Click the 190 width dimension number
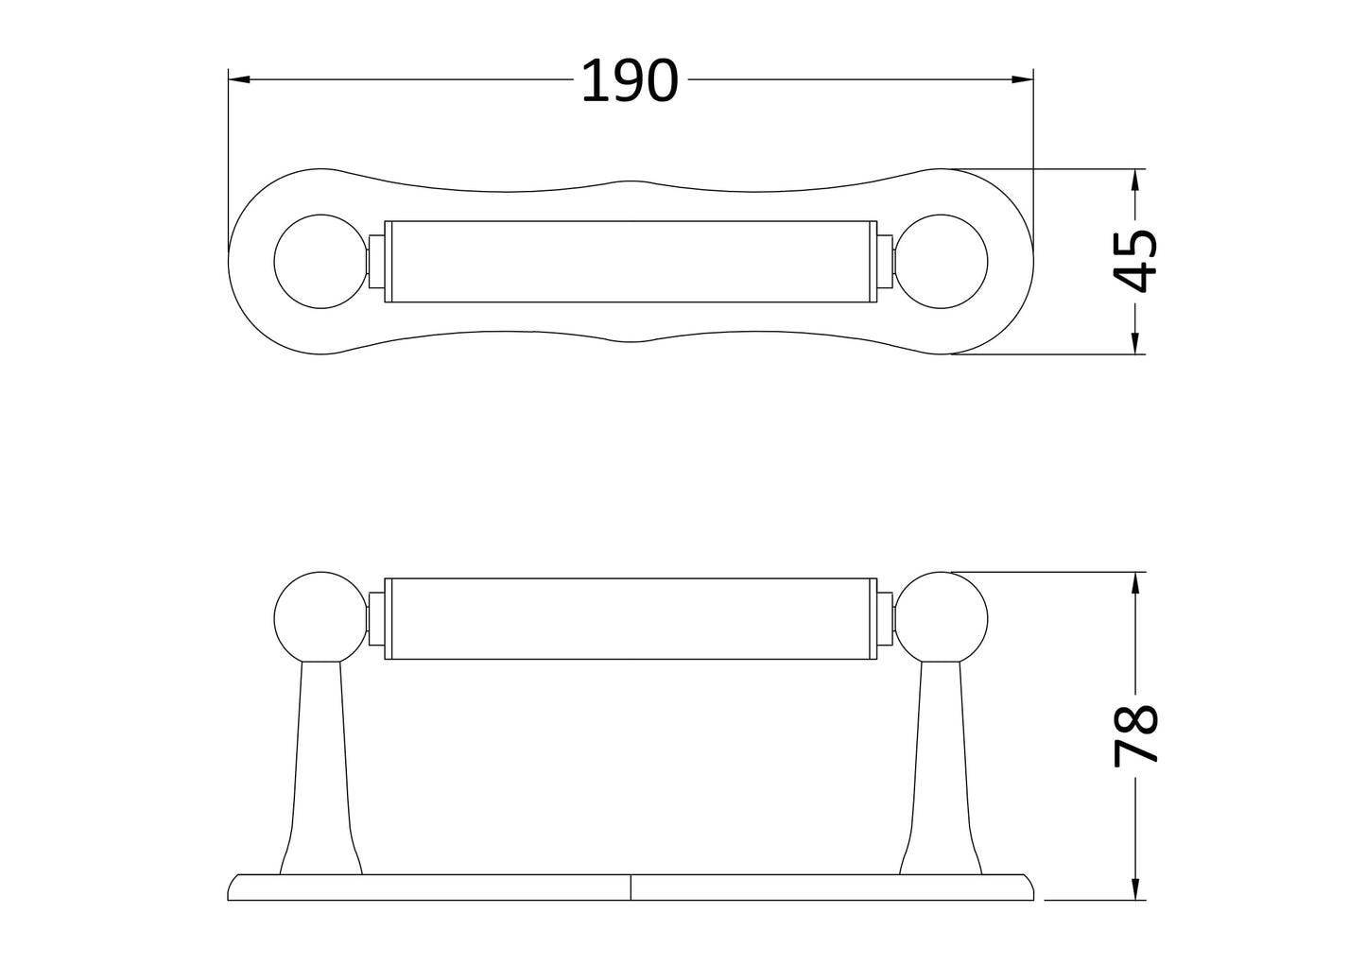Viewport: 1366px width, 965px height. pyautogui.click(x=629, y=81)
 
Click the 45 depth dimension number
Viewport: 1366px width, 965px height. pyautogui.click(x=1134, y=262)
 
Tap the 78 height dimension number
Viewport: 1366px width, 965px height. pyautogui.click(x=1134, y=735)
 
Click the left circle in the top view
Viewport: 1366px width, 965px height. pyautogui.click(x=319, y=262)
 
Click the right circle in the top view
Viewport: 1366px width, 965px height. pyautogui.click(x=942, y=262)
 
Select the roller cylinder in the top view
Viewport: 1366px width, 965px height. pyautogui.click(x=631, y=262)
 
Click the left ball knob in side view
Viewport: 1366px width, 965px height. pyautogui.click(x=319, y=616)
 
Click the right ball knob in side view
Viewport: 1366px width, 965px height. pyautogui.click(x=942, y=616)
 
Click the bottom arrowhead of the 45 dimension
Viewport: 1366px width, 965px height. pyautogui.click(x=1134, y=345)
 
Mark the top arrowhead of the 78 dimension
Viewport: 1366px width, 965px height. pyautogui.click(x=1134, y=581)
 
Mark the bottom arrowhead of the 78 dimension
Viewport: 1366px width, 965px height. pyautogui.click(x=1134, y=890)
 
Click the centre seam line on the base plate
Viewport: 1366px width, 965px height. pyautogui.click(x=631, y=887)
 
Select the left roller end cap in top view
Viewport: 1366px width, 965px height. pyautogui.click(x=375, y=262)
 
